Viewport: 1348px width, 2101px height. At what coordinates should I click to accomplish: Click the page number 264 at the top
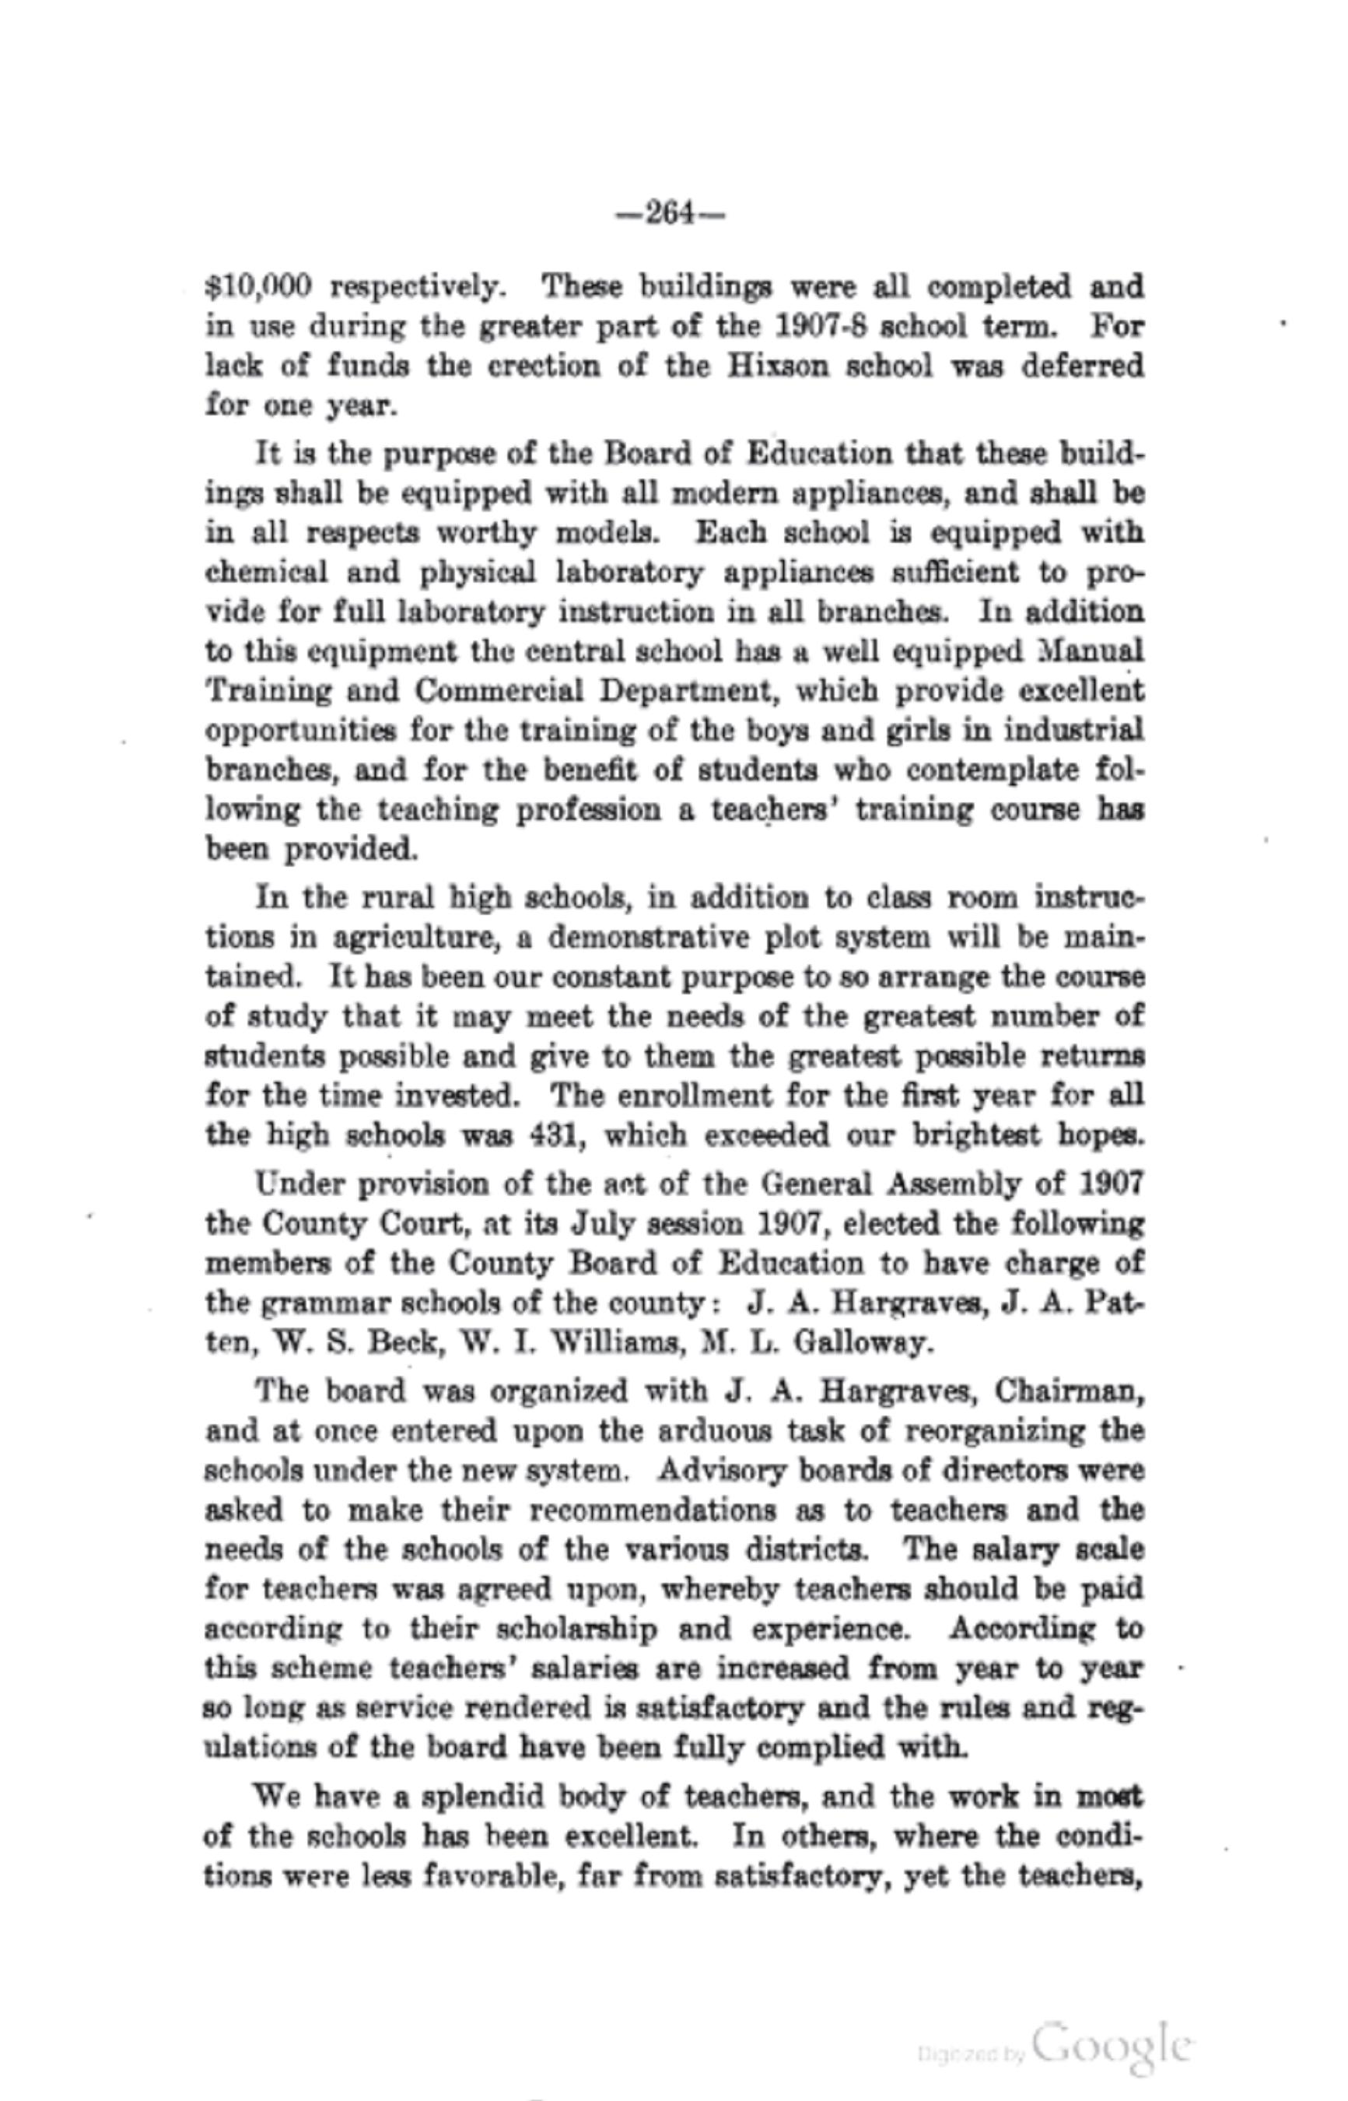point(670,213)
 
